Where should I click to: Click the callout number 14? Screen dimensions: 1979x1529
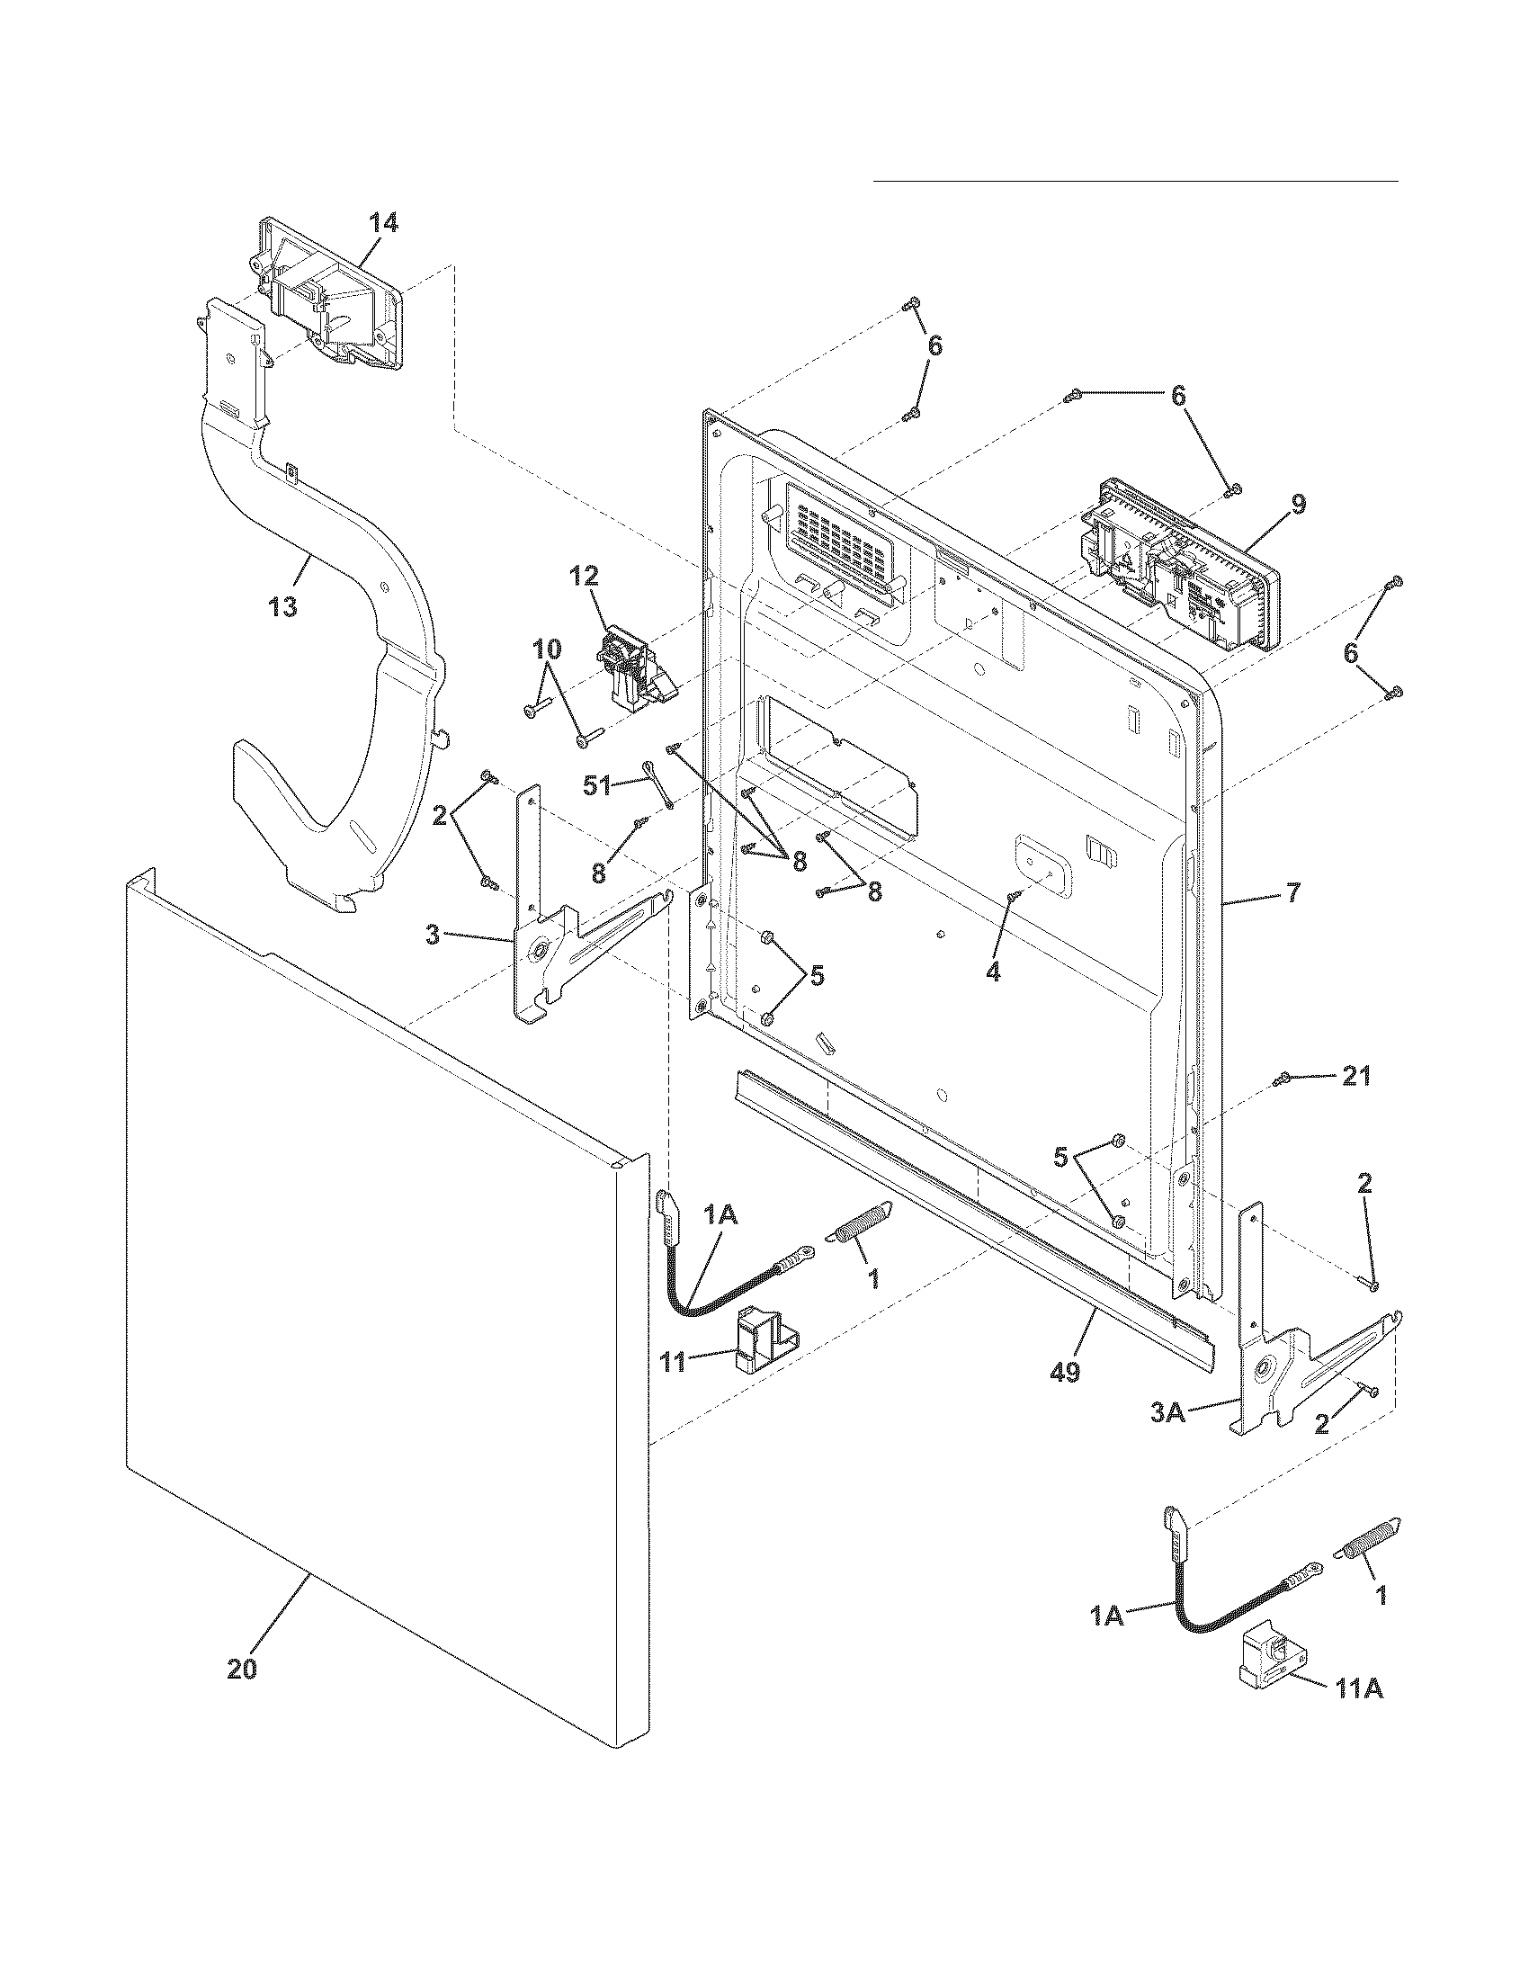pos(382,223)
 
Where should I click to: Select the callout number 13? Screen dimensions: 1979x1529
pos(283,606)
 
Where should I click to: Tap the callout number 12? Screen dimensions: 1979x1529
pos(585,576)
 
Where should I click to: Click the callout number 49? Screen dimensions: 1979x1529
pos(1065,1373)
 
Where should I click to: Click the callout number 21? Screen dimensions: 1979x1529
pos(1355,1077)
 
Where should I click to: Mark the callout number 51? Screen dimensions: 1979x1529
pos(597,785)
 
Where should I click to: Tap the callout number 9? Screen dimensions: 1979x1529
pos(1298,504)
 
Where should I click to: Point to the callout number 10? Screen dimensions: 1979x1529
pos(546,649)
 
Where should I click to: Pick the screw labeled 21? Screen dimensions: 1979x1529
pos(1283,1079)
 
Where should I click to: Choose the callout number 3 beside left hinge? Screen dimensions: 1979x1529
pos(433,935)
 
